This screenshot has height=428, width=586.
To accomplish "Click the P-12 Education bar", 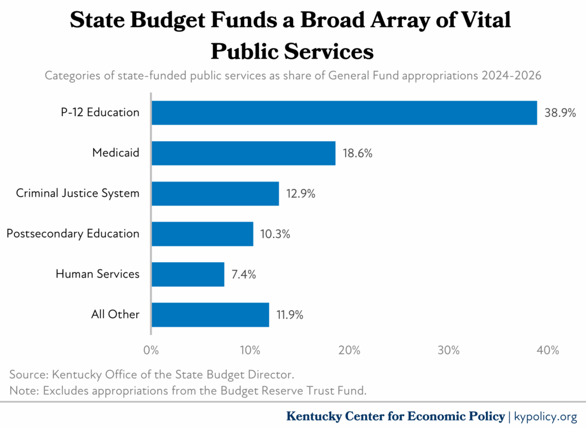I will click(344, 113).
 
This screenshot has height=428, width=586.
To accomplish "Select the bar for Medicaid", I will click(243, 153).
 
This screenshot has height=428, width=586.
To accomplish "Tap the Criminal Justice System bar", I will click(215, 193).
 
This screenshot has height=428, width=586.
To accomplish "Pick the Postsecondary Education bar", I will click(202, 233).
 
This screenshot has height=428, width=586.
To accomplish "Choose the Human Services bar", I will click(188, 274).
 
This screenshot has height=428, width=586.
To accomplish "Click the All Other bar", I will click(210, 314).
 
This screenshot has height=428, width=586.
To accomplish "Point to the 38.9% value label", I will click(560, 113).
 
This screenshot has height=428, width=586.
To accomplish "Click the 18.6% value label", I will click(358, 153).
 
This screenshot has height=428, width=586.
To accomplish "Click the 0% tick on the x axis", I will click(151, 350).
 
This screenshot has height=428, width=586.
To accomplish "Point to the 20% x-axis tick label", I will click(349, 350).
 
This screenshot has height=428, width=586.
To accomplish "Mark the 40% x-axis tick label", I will click(548, 350).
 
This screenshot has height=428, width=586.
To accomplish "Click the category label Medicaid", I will click(116, 153).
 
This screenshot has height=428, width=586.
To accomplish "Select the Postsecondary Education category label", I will click(73, 233).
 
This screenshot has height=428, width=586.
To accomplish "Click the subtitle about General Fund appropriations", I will click(293, 76).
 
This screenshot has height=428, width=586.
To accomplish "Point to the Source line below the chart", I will click(152, 375).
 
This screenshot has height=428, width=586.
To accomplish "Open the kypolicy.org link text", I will click(545, 416).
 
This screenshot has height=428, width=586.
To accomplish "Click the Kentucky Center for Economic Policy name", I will click(395, 416).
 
